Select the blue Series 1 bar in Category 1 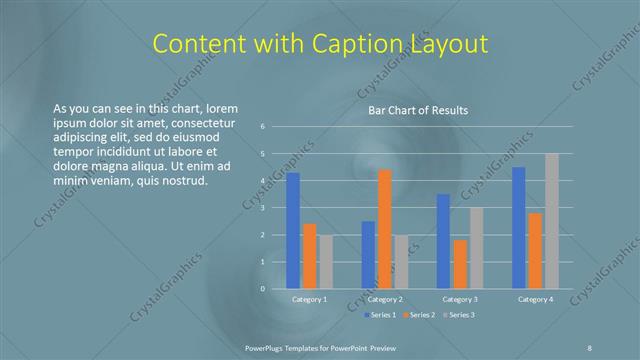point(293,231)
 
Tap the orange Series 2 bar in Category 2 point(385,229)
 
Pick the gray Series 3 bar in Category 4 point(551,221)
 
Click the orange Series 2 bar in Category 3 point(460,264)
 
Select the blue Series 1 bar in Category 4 point(519,228)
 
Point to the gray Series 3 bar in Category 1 point(325,262)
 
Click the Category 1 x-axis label point(309,299)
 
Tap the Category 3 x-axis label point(460,299)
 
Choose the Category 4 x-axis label point(535,299)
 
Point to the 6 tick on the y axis point(262,127)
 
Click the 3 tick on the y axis point(262,208)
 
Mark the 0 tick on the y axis point(262,289)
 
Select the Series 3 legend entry point(461,315)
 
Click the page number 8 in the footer point(589,346)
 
